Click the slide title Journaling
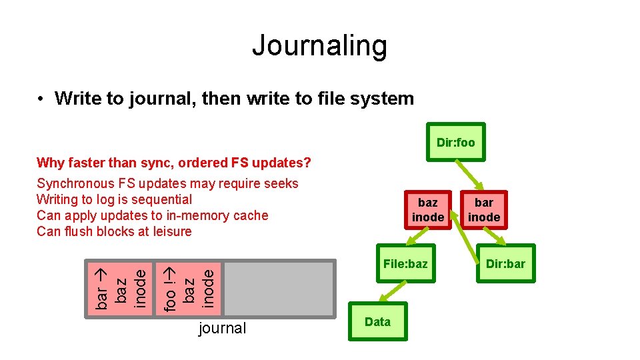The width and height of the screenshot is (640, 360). point(319,45)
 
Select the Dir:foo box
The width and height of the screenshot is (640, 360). point(455,142)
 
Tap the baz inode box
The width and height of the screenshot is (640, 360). point(427,209)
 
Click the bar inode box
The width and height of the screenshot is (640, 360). point(484,209)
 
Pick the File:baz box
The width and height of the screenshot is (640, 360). point(405,264)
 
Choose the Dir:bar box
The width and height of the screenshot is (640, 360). point(505,264)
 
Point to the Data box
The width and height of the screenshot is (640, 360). point(377,322)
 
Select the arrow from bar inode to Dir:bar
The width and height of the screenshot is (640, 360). point(495,237)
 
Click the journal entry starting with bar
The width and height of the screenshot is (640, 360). point(119,287)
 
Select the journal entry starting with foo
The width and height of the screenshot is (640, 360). point(189,287)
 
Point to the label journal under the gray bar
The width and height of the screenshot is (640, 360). point(223,328)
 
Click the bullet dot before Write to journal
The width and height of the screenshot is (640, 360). point(41,99)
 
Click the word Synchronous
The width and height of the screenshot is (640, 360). point(75,183)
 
